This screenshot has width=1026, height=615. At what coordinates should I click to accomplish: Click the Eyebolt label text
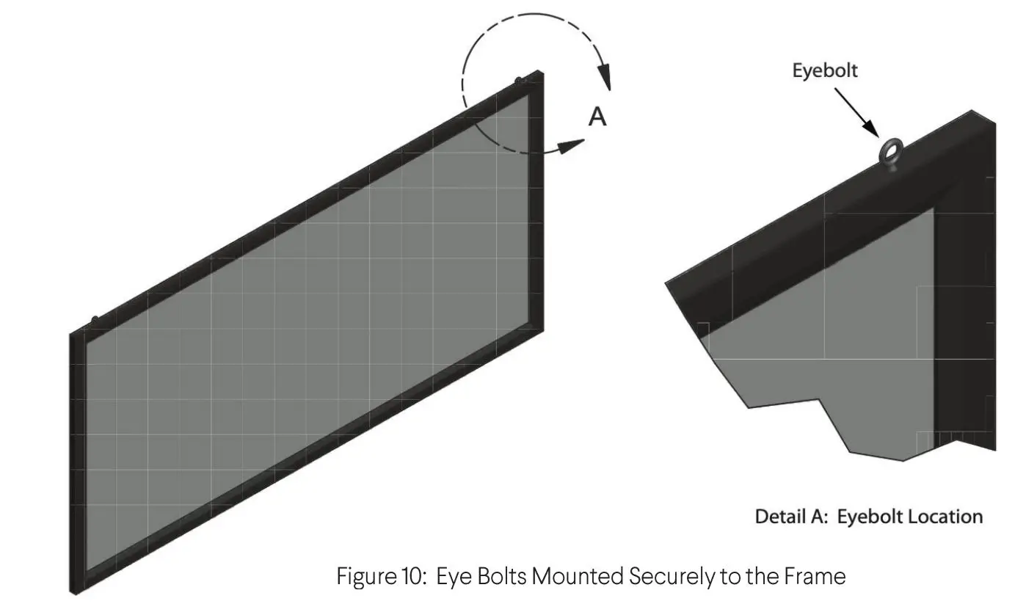[x=825, y=71]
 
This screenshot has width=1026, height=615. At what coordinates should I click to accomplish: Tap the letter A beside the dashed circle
[x=598, y=117]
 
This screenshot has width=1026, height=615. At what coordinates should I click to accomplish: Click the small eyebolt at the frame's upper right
[x=519, y=79]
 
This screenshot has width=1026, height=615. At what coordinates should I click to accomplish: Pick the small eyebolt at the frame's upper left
[x=94, y=319]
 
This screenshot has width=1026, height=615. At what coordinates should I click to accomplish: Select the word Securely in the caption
[x=671, y=577]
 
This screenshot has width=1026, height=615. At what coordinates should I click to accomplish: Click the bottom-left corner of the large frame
[x=73, y=591]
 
